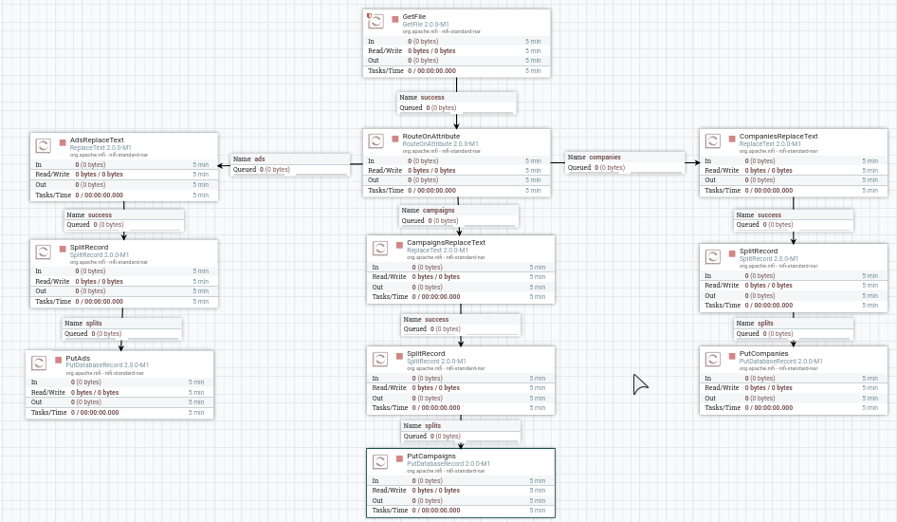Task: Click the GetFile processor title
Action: tap(414, 17)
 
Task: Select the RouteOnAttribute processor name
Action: tap(430, 137)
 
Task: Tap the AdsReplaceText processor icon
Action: tap(43, 145)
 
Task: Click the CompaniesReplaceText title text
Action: tap(778, 137)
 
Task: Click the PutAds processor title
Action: tap(78, 358)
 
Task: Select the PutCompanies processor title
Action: tap(763, 354)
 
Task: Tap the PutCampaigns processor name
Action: tap(431, 457)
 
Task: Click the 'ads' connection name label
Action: tap(259, 159)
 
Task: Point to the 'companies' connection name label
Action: tap(605, 158)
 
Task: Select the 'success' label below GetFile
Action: tap(432, 98)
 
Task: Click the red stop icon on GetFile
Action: tap(395, 19)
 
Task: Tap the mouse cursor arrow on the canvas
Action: tap(639, 382)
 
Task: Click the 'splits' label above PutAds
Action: tap(94, 324)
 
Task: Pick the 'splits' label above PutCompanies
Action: tap(765, 324)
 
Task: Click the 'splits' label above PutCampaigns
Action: tap(432, 426)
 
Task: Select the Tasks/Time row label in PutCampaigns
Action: tap(390, 511)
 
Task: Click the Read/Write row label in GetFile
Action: tap(386, 51)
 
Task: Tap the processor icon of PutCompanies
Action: tap(712, 359)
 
